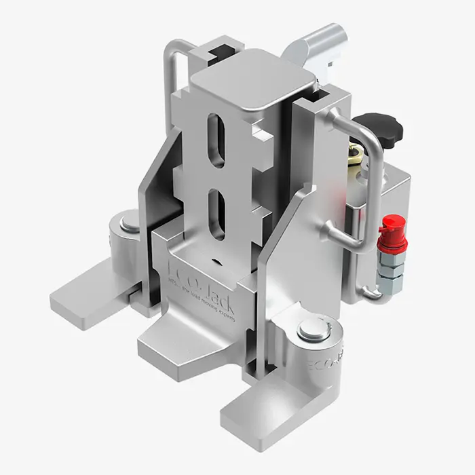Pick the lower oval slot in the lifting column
pyautogui.click(x=216, y=214)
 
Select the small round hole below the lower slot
pyautogui.click(x=216, y=259)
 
